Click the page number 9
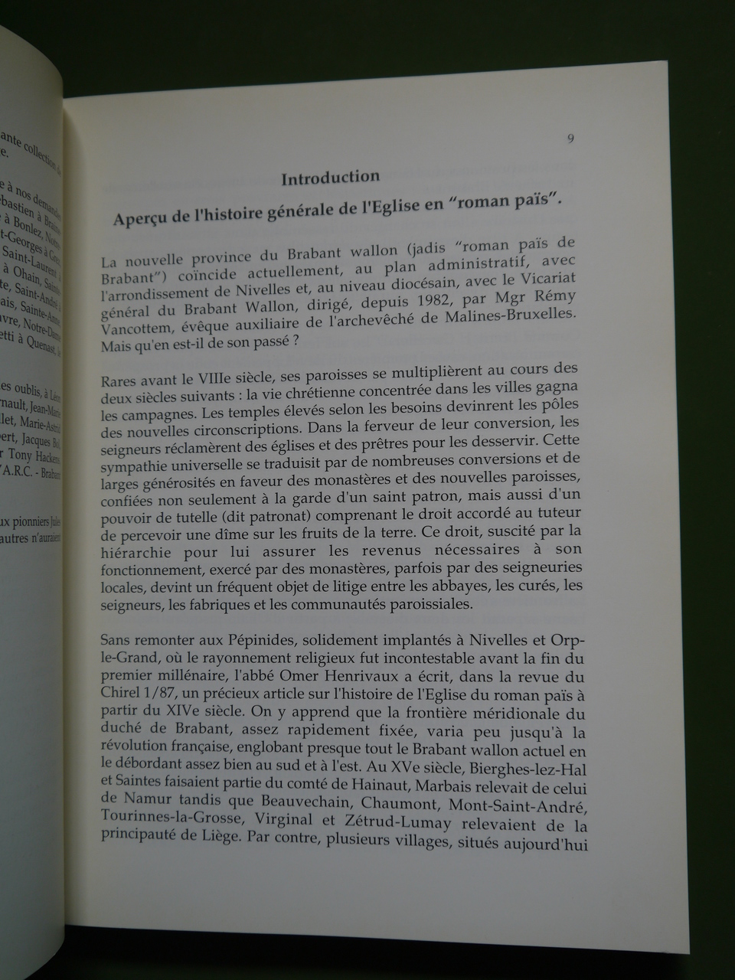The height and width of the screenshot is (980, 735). tap(571, 139)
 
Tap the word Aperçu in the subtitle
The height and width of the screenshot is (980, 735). tap(140, 219)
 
